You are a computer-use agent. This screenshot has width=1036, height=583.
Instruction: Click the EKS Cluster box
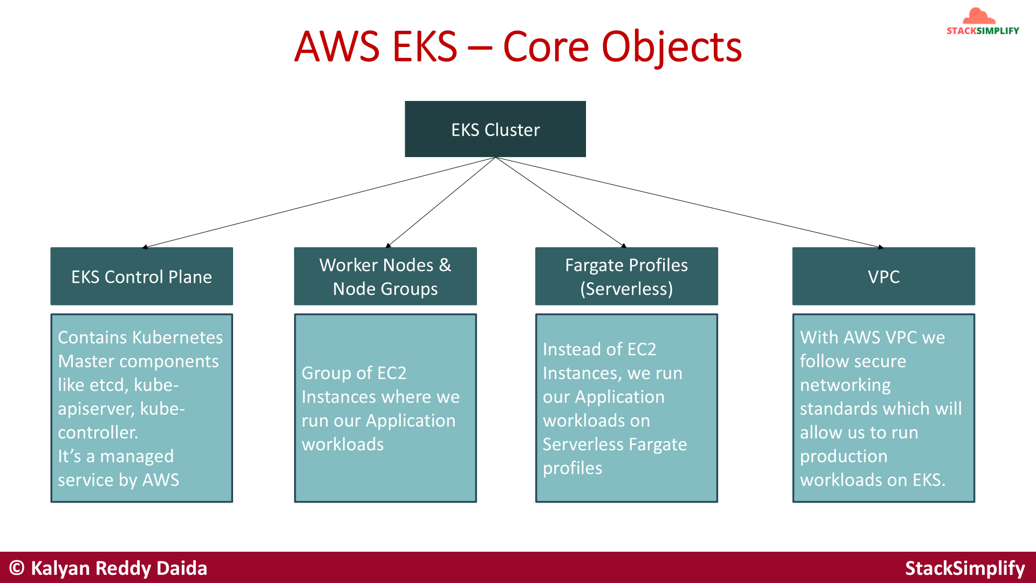[495, 129]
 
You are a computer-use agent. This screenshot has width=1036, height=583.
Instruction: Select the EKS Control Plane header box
[141, 276]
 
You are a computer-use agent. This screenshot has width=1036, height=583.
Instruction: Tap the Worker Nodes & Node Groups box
[385, 276]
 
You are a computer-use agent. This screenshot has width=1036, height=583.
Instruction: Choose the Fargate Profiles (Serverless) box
[626, 276]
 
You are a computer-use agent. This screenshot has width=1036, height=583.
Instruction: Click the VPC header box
[883, 276]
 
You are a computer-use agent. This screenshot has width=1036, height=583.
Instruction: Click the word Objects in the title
[671, 47]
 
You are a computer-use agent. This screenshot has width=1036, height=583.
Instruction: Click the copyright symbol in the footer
[17, 568]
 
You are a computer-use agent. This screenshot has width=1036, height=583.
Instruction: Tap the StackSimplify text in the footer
[965, 568]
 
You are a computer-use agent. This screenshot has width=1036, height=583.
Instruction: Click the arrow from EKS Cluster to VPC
[691, 203]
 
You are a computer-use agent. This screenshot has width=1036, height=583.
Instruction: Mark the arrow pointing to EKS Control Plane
[318, 202]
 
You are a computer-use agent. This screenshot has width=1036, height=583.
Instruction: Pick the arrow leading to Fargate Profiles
[561, 203]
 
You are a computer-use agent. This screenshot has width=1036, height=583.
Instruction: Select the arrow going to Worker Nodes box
[441, 202]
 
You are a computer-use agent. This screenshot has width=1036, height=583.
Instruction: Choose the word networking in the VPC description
[845, 385]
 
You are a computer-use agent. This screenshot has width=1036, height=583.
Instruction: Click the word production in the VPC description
[843, 456]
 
